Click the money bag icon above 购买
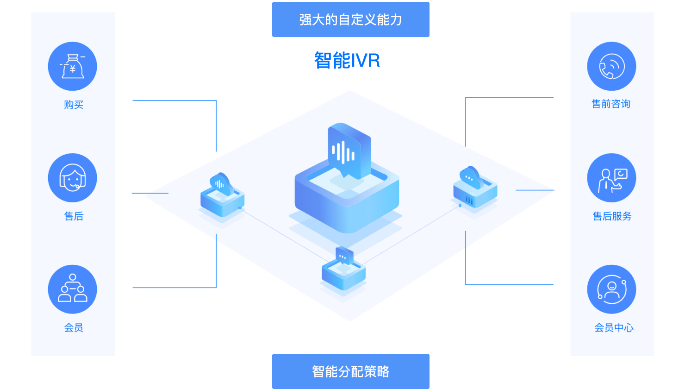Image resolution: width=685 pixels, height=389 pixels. point(73,66)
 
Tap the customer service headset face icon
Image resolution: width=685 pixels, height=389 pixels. point(73,178)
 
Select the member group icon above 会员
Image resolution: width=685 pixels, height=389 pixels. point(73,289)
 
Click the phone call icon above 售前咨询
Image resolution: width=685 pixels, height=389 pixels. point(611,66)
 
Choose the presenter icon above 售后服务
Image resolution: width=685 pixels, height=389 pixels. point(611,178)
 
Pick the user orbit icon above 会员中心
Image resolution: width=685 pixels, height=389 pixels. point(611,289)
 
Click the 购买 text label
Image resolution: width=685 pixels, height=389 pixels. point(74,105)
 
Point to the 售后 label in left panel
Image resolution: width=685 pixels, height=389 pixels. point(74,216)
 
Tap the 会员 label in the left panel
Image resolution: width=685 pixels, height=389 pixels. point(74,328)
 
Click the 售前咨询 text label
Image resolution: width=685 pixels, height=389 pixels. point(611,104)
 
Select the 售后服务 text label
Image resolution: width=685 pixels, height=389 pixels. point(612,216)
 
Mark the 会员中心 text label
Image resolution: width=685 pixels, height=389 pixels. point(614,328)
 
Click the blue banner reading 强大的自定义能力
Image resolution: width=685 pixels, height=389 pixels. point(350,19)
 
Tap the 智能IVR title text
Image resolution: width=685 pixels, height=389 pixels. point(347,60)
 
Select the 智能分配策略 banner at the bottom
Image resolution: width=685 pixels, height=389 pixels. point(350,371)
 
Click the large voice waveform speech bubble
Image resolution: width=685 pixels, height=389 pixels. point(349,151)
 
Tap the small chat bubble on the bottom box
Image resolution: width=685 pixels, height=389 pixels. point(344,255)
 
